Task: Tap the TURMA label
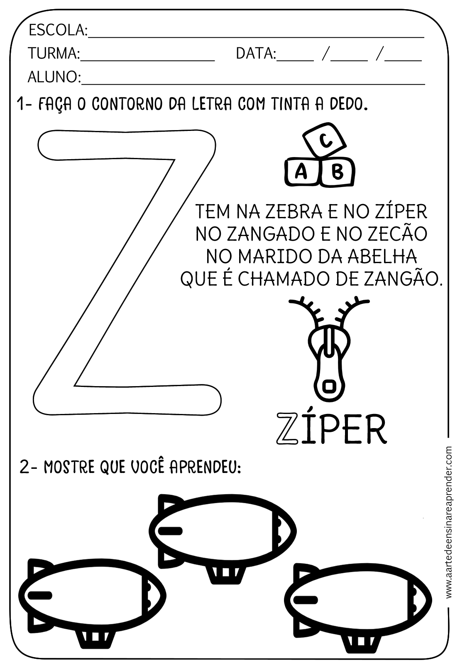pyautogui.click(x=54, y=54)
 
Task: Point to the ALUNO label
pyautogui.click(x=54, y=77)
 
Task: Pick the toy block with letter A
pyautogui.click(x=301, y=171)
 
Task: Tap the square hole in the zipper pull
pyautogui.click(x=330, y=386)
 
